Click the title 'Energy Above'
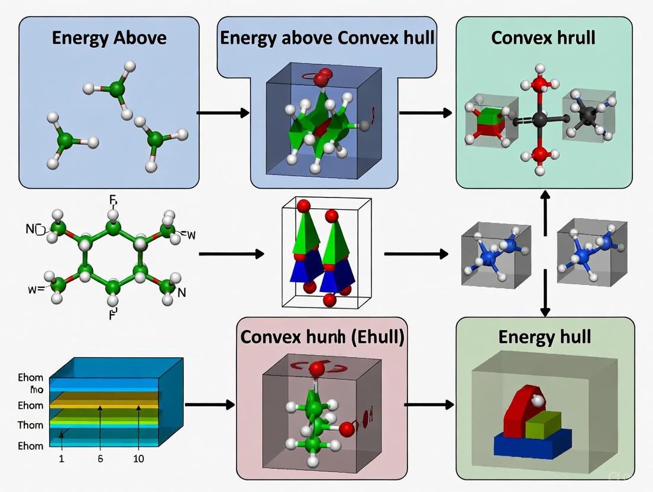[109, 38]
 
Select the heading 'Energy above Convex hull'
[327, 38]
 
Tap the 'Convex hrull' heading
[543, 37]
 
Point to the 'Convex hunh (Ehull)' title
[322, 338]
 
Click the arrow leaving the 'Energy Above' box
[222, 112]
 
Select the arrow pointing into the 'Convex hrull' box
[425, 112]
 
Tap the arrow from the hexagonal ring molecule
[231, 254]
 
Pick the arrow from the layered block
[210, 405]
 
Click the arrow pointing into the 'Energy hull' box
[429, 405]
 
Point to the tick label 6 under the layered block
[101, 459]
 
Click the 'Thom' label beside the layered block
[30, 425]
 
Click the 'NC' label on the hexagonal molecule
[34, 228]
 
